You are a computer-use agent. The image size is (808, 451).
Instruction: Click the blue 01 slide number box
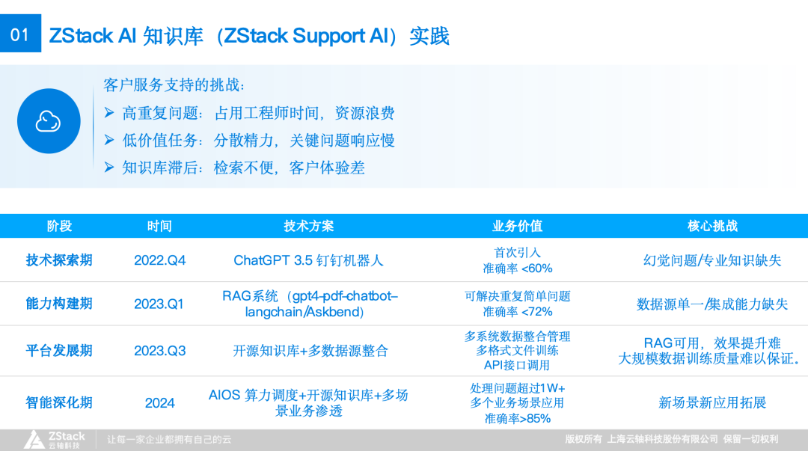(20, 34)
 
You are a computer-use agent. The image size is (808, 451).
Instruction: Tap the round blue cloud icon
(49, 121)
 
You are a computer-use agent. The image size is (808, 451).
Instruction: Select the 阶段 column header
(59, 226)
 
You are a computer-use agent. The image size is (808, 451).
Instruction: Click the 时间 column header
(159, 226)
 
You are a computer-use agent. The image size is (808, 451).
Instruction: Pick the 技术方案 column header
(308, 226)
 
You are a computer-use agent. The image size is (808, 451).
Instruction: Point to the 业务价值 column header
(517, 226)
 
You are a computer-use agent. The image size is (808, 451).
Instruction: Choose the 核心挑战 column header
(712, 226)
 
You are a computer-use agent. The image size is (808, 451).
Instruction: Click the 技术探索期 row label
(59, 260)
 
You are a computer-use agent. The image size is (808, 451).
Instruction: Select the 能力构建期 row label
(59, 304)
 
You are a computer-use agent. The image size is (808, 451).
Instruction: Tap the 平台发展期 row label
(59, 351)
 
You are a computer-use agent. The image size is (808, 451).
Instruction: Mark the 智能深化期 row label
(59, 402)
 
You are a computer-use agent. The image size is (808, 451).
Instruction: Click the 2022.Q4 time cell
(159, 260)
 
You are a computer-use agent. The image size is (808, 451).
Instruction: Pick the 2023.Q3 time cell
(159, 351)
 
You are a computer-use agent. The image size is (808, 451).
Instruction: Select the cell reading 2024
(159, 402)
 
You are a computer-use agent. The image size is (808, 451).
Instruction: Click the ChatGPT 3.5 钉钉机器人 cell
(308, 260)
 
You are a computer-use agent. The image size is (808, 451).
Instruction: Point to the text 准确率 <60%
(517, 268)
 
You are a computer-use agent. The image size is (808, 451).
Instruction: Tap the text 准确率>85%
(517, 418)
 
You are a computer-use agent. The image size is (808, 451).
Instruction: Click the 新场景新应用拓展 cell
(712, 402)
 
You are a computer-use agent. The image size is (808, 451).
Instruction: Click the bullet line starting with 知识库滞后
(243, 168)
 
